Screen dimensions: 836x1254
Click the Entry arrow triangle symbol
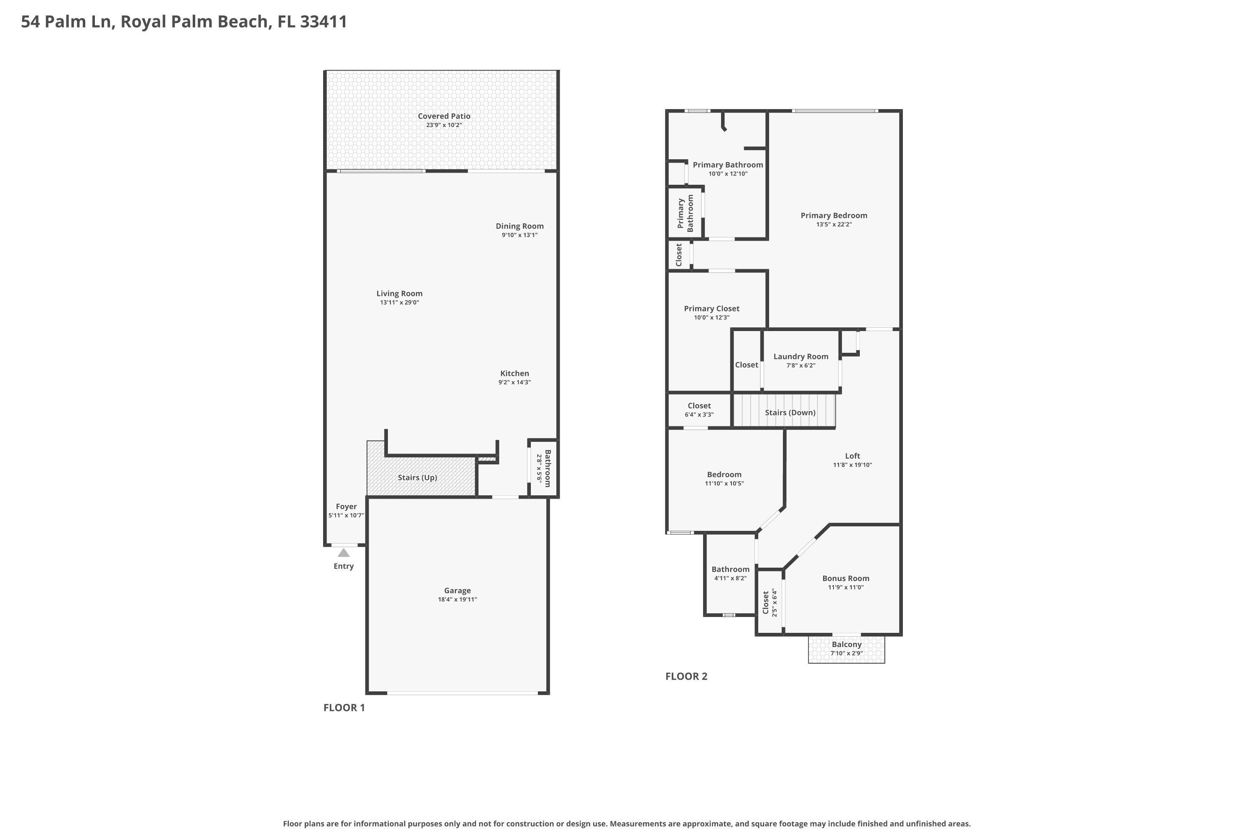[343, 553]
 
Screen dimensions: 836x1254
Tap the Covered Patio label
[443, 116]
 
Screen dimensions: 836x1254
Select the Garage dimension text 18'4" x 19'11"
[457, 599]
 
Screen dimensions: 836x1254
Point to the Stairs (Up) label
[417, 477]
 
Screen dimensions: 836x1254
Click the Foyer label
[346, 507]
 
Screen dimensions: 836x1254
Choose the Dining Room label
[519, 226]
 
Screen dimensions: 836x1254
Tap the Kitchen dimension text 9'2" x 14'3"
[515, 382]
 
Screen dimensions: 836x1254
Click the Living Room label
[399, 293]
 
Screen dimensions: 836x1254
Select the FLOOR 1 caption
[344, 708]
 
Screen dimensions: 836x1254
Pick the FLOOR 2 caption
[686, 676]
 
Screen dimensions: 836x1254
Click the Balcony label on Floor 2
[846, 644]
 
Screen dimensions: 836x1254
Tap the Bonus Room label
[846, 578]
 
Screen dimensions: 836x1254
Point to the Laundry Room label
[801, 356]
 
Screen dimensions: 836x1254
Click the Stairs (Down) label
[790, 412]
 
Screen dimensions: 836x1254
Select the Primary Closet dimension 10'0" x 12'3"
[711, 317]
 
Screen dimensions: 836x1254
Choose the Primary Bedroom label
[834, 215]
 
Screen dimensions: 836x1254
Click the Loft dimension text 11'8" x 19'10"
[852, 464]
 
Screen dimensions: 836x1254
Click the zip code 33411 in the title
[324, 21]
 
